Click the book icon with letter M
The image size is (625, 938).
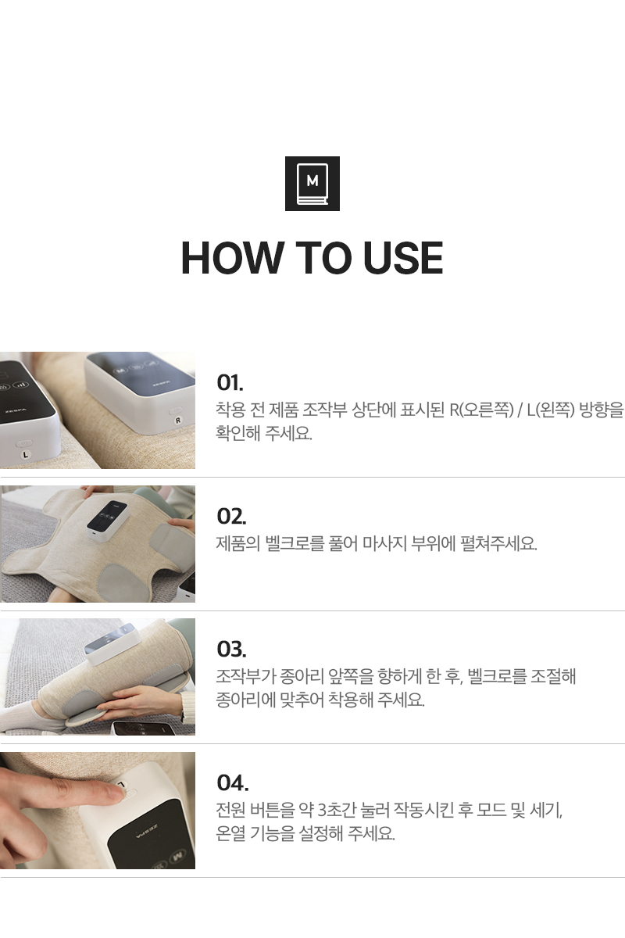[312, 184]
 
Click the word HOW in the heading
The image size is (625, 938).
[231, 258]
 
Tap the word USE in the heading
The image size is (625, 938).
[402, 258]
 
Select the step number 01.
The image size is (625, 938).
[230, 382]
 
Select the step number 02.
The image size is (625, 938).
[231, 517]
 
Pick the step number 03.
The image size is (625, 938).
[231, 649]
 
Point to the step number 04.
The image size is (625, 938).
[232, 782]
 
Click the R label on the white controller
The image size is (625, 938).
[178, 421]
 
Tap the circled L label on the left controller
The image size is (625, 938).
[26, 454]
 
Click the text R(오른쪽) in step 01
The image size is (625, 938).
[481, 410]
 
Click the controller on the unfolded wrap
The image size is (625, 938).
[107, 520]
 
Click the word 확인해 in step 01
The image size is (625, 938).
[237, 433]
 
